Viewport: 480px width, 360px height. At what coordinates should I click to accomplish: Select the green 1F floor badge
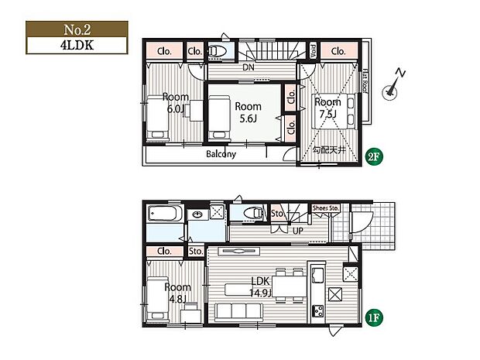tap(372, 316)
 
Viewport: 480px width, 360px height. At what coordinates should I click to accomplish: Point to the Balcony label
tap(221, 154)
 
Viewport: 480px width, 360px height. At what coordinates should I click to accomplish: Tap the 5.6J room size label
tap(248, 118)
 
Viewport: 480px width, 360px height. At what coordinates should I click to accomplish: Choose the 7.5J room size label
tap(327, 114)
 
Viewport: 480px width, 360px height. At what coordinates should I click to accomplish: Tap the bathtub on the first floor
tap(164, 213)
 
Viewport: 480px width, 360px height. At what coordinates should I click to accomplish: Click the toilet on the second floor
tap(217, 52)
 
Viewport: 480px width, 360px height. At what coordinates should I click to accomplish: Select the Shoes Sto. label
tap(325, 208)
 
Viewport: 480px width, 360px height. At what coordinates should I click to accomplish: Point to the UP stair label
tap(297, 229)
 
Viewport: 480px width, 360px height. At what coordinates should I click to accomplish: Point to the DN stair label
tap(247, 67)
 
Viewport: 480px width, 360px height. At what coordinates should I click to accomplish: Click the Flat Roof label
tap(365, 80)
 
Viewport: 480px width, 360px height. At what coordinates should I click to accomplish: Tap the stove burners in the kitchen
tap(318, 312)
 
